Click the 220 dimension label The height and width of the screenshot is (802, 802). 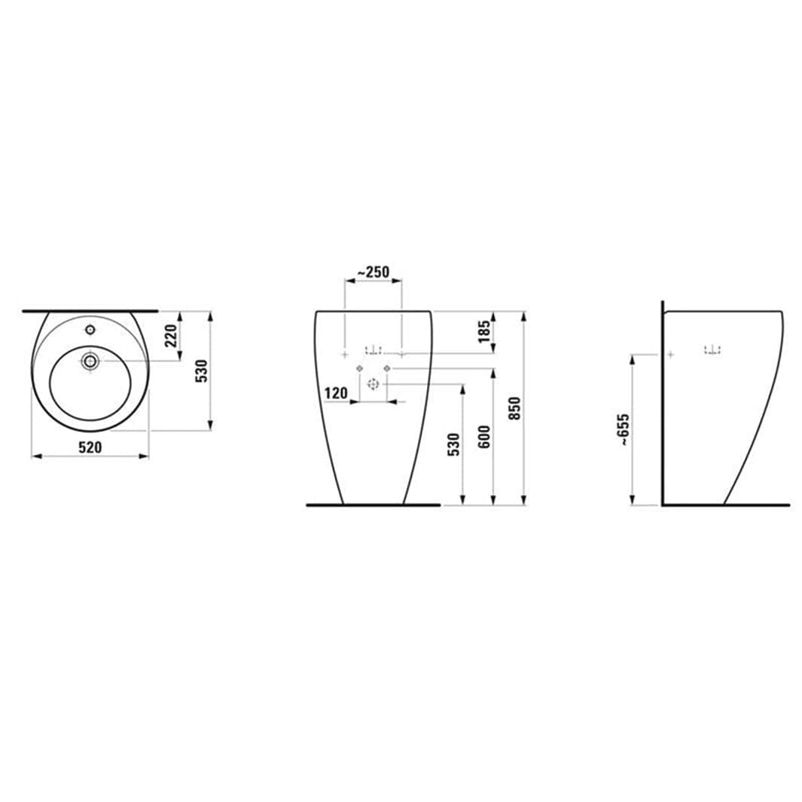[171, 335]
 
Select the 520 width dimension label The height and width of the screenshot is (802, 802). [90, 447]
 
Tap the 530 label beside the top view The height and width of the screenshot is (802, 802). [202, 371]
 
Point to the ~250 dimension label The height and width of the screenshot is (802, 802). [373, 272]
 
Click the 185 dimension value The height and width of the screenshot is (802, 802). [484, 331]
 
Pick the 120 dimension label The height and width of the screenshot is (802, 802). [336, 393]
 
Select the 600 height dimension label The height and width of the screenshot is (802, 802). [484, 437]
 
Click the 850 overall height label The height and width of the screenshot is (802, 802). [514, 408]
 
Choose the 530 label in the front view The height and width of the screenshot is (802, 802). [453, 444]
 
